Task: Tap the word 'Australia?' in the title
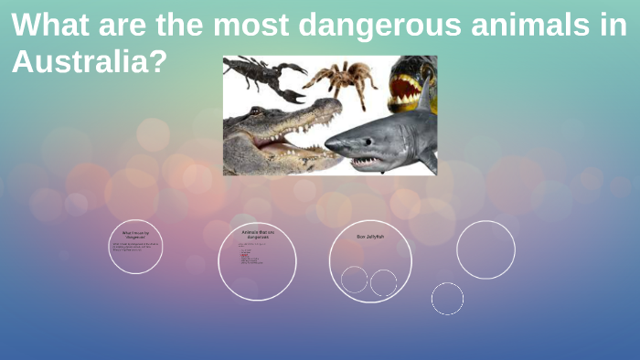pos(90,62)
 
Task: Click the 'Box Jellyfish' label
pos(369,237)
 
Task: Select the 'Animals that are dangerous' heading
pos(257,235)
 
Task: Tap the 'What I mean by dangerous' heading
pos(135,235)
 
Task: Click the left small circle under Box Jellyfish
pos(354,279)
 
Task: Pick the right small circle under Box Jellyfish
pos(383,282)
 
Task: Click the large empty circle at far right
pos(485,249)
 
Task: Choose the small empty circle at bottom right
pos(447,298)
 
